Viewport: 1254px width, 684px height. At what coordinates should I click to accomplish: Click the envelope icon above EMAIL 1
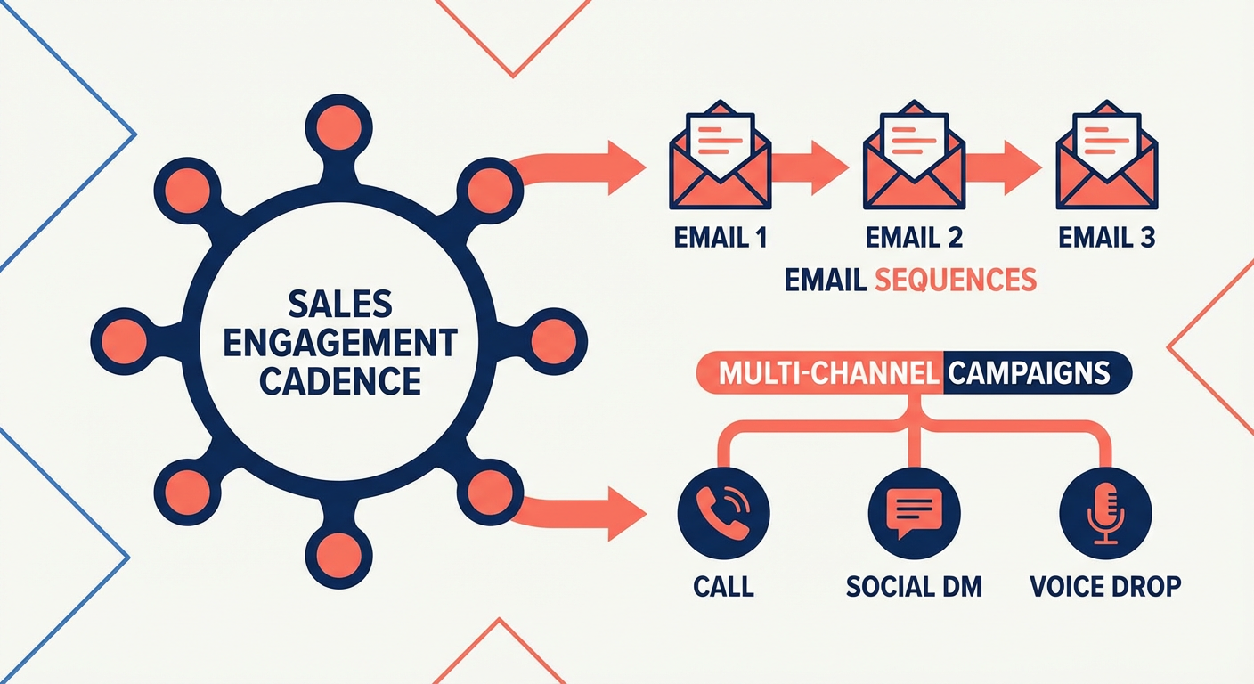pyautogui.click(x=719, y=163)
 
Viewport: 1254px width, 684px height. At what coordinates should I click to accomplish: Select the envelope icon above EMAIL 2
pyautogui.click(x=913, y=163)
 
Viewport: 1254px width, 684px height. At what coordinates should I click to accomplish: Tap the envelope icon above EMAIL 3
pyautogui.click(x=1106, y=163)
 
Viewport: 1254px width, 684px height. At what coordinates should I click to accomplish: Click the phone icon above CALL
pyautogui.click(x=722, y=513)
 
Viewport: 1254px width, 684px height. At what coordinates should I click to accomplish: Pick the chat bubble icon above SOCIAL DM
pyautogui.click(x=913, y=513)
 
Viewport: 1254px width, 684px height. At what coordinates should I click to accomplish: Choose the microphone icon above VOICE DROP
pyautogui.click(x=1105, y=513)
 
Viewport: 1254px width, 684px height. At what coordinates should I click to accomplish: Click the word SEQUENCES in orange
pyautogui.click(x=956, y=280)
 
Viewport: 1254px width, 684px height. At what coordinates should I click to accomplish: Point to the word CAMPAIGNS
pyautogui.click(x=1029, y=372)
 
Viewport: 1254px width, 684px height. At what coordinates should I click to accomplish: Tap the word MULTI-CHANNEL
pyautogui.click(x=827, y=372)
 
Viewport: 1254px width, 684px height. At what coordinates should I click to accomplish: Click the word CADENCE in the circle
pyautogui.click(x=341, y=380)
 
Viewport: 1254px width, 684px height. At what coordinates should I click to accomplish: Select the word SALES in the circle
pyautogui.click(x=341, y=305)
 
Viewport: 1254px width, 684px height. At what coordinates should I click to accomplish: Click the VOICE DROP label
pyautogui.click(x=1105, y=586)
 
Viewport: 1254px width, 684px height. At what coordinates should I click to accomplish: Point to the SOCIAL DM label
pyautogui.click(x=913, y=586)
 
